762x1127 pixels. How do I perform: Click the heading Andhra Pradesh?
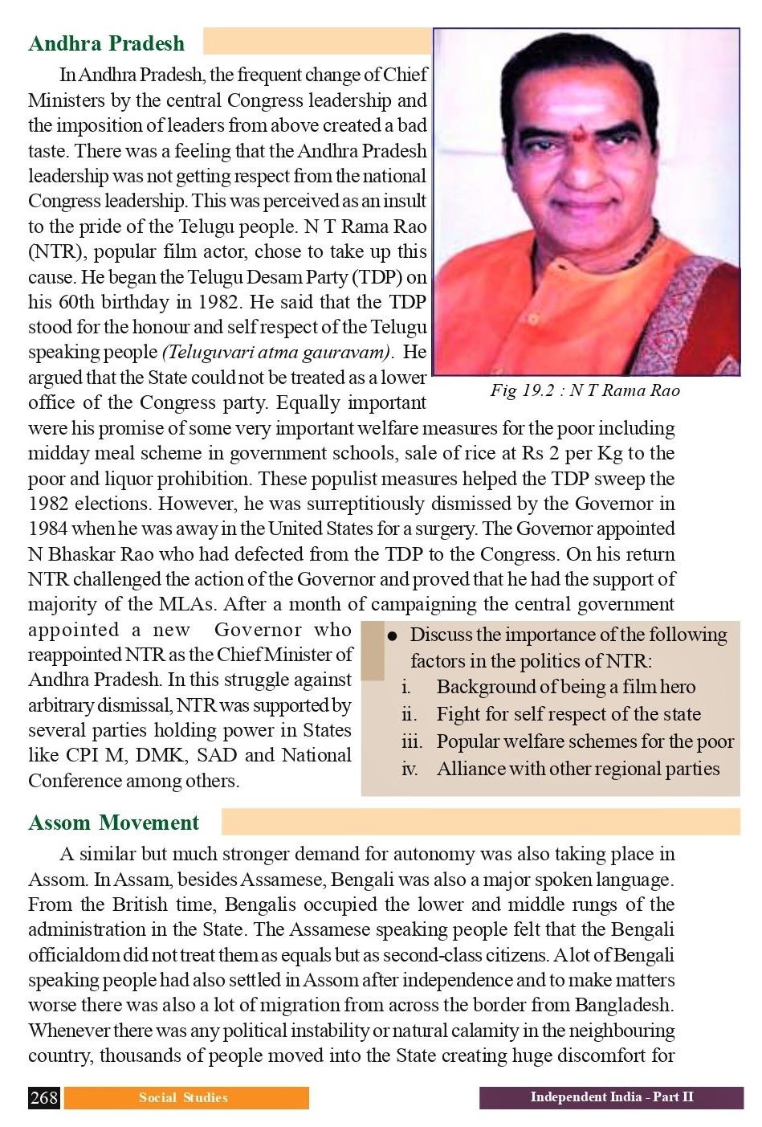pyautogui.click(x=106, y=43)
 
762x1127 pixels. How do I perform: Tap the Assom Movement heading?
pyautogui.click(x=113, y=823)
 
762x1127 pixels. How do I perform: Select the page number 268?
pyautogui.click(x=44, y=1097)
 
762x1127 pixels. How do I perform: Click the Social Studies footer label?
pyautogui.click(x=183, y=1097)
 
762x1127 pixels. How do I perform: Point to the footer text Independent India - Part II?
pyautogui.click(x=611, y=1097)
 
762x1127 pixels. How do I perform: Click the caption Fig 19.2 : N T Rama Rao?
pyautogui.click(x=585, y=390)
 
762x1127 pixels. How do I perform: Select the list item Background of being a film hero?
pyautogui.click(x=565, y=687)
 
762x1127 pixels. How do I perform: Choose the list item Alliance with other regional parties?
pyautogui.click(x=577, y=769)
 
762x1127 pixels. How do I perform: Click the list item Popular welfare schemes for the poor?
pyautogui.click(x=585, y=741)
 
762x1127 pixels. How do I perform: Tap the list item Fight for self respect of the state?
pyautogui.click(x=568, y=714)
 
